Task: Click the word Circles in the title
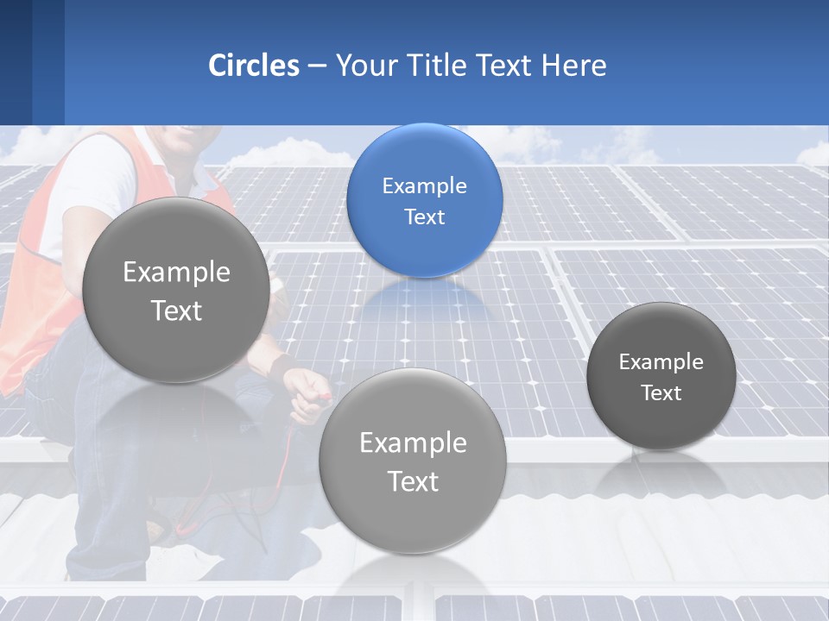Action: [x=254, y=65]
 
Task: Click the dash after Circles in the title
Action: [x=317, y=66]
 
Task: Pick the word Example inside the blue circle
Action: [x=424, y=185]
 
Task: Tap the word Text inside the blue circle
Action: [x=424, y=216]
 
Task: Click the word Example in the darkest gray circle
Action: [x=661, y=361]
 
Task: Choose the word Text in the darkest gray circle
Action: [x=661, y=392]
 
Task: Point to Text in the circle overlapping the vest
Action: [x=175, y=310]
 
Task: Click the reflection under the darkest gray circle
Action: [x=661, y=474]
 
